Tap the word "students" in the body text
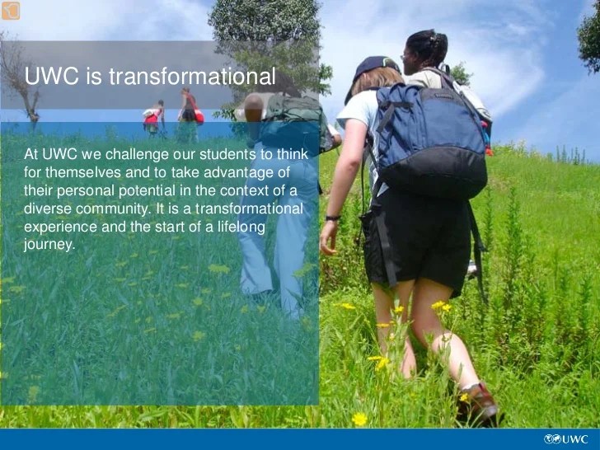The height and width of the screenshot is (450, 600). pos(227,154)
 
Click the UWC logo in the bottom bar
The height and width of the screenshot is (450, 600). pos(566,438)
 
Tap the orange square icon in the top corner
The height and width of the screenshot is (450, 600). pos(10,10)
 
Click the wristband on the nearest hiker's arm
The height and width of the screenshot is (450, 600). pos(333,218)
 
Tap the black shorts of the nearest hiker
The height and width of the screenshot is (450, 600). pos(416,243)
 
